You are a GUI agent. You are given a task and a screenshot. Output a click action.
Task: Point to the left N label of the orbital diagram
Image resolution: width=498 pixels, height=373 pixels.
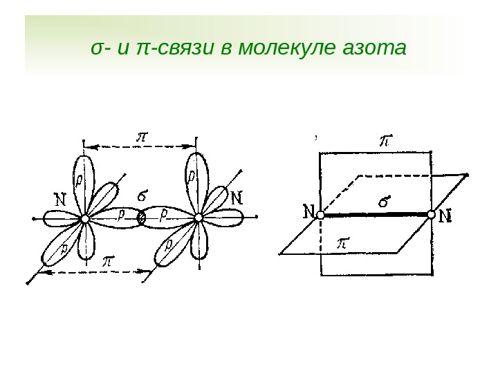click(60, 199)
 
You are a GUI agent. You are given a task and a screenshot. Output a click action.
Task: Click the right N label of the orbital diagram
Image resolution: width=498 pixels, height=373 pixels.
click(236, 198)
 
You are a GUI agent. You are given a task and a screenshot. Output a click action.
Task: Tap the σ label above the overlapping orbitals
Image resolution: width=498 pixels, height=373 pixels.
click(145, 195)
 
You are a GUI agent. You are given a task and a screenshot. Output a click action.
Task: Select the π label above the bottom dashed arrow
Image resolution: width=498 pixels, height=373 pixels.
click(109, 262)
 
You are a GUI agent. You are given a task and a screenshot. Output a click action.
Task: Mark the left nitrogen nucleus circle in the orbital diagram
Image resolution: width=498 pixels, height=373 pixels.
click(85, 218)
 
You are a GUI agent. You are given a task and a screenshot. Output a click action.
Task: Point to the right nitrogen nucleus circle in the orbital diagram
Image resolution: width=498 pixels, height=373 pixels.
click(199, 218)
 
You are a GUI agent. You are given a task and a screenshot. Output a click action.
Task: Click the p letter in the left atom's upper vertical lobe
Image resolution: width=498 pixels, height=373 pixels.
click(79, 180)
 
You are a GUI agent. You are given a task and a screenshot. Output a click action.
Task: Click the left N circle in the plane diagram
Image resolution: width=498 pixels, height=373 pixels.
click(320, 216)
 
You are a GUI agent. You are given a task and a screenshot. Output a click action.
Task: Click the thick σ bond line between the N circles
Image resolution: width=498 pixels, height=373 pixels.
click(376, 216)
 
